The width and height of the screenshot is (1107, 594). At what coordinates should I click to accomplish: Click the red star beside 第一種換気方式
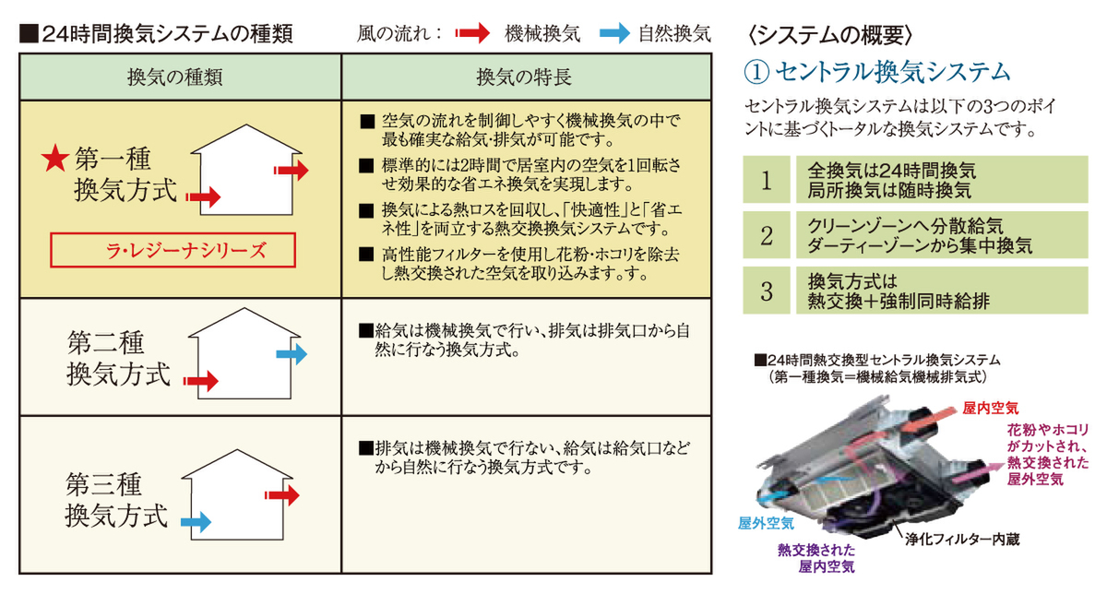pyautogui.click(x=56, y=160)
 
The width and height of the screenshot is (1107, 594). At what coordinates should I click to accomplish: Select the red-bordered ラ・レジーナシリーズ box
pyautogui.click(x=173, y=250)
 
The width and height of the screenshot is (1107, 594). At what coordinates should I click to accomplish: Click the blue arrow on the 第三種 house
pyautogui.click(x=196, y=523)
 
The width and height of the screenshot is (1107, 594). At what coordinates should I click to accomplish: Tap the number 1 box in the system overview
pyautogui.click(x=767, y=180)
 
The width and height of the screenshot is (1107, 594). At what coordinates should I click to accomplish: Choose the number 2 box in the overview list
pyautogui.click(x=767, y=235)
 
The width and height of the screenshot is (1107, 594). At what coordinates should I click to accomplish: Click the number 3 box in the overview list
pyautogui.click(x=767, y=291)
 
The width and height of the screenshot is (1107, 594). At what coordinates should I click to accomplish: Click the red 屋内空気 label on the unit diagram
pyautogui.click(x=991, y=406)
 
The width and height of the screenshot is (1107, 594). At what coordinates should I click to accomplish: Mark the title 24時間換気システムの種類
pyautogui.click(x=156, y=34)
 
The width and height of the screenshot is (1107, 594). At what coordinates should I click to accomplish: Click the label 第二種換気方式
pyautogui.click(x=119, y=359)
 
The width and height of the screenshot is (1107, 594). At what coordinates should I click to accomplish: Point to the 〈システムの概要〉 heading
pyautogui.click(x=829, y=34)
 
